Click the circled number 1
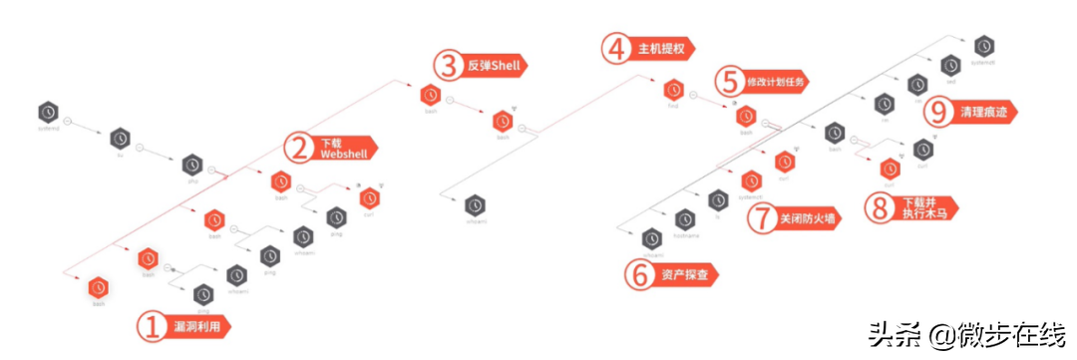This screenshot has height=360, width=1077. tap(152, 327)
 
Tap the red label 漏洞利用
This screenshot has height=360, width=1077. tap(199, 326)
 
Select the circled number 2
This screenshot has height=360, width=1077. tap(298, 149)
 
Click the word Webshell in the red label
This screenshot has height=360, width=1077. tap(342, 156)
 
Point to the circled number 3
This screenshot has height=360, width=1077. tap(450, 66)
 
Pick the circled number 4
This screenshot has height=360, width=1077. tap(618, 48)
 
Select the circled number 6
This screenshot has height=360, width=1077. tap(638, 274)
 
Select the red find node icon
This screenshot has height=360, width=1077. tap(673, 89)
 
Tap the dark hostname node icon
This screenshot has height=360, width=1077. tap(684, 218)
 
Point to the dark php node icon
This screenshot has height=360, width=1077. tap(191, 164)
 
